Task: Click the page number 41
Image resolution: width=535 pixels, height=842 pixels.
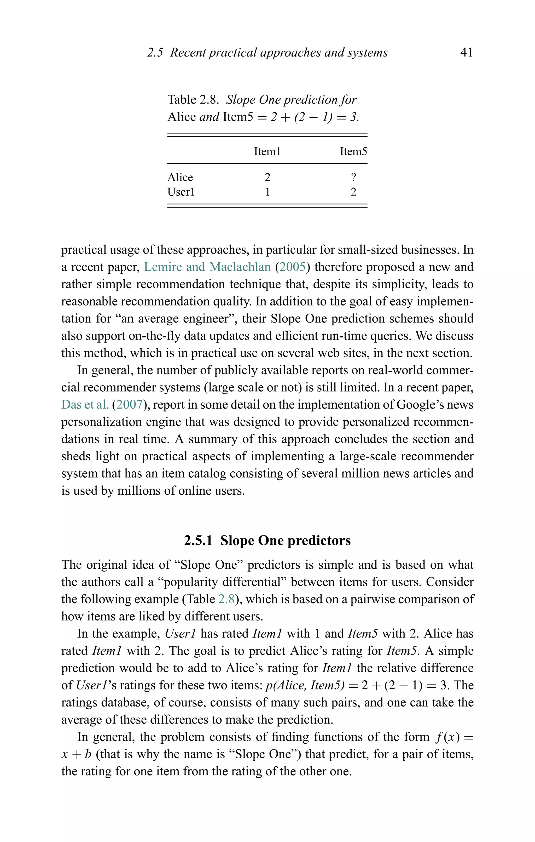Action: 466,53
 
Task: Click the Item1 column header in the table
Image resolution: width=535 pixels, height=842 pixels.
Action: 267,151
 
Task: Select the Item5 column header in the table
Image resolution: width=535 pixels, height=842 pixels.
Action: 353,151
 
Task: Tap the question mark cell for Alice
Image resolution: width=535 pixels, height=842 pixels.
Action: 353,177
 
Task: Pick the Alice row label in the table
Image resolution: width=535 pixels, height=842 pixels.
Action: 180,177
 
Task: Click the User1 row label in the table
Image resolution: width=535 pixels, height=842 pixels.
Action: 181,192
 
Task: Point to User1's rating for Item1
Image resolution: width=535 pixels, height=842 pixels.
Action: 267,192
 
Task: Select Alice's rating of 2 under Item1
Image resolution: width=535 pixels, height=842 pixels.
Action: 267,177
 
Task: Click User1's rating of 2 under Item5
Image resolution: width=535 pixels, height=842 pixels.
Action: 353,192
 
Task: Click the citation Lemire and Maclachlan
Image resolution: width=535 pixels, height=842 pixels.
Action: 207,267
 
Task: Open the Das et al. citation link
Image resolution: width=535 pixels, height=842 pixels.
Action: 85,405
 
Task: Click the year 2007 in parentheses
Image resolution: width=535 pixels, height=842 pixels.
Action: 129,405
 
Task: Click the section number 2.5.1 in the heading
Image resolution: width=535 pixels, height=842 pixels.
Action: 198,541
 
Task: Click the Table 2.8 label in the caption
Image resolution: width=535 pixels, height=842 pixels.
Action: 193,100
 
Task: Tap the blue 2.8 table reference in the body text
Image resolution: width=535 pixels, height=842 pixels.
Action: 226,599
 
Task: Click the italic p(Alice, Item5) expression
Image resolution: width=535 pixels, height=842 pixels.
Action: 305,685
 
